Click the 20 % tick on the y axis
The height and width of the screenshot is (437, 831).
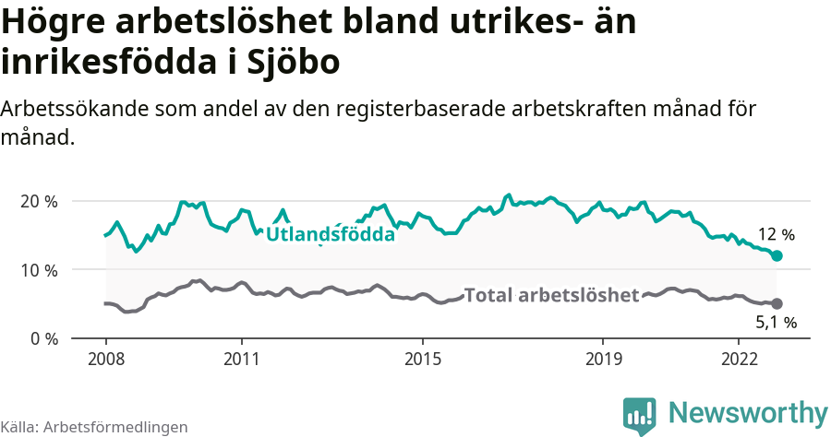point(38,201)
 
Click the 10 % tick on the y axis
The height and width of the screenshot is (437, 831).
point(38,270)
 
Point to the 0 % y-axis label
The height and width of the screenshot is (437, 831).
point(42,338)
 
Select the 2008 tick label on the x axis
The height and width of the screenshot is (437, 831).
point(105,358)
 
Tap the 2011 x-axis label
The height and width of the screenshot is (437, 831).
point(241,358)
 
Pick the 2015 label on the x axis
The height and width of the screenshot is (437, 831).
point(422,358)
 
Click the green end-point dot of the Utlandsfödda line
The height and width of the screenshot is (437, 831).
point(777,255)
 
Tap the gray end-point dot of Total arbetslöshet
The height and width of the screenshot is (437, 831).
point(777,303)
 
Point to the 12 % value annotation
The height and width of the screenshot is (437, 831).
point(776,234)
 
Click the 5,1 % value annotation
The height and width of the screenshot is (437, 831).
point(776,323)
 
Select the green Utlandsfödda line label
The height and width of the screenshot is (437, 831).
point(330,234)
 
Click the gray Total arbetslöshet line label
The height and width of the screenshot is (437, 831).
point(551,295)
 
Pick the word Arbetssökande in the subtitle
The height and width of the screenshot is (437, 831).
point(77,109)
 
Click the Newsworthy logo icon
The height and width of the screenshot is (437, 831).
point(639,414)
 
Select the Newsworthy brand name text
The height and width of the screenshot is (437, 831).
point(748,412)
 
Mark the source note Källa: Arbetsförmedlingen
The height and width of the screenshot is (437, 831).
point(94,427)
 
